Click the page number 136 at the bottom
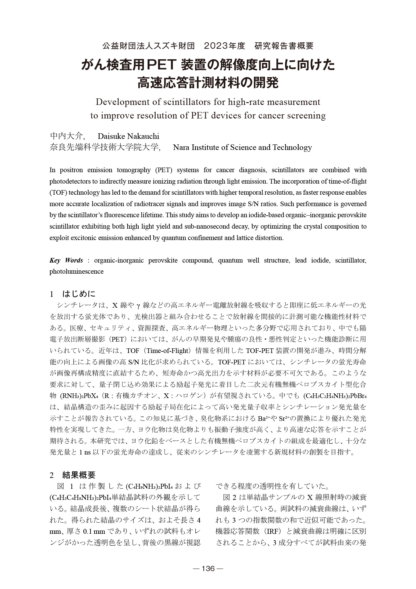click(208, 569)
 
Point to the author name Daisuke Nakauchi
click(128, 136)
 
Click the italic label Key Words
click(66, 260)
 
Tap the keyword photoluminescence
click(76, 272)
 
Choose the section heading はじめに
click(79, 293)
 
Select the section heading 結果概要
click(79, 475)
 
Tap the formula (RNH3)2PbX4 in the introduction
click(77, 396)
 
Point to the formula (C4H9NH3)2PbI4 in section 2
click(149, 487)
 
